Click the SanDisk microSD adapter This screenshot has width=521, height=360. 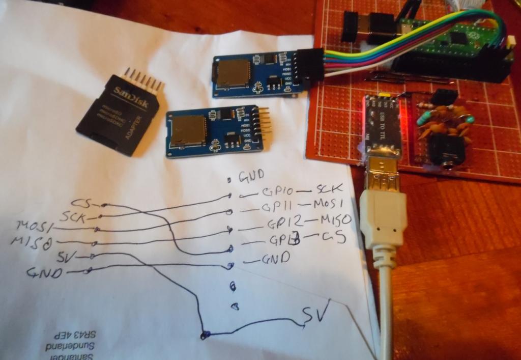(119, 113)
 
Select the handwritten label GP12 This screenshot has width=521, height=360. (285, 223)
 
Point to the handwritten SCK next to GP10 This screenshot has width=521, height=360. (330, 189)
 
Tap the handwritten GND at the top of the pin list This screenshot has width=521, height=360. (251, 176)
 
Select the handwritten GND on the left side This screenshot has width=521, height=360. (45, 273)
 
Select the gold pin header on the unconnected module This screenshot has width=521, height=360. (264, 123)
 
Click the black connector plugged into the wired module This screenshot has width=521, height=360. (311, 66)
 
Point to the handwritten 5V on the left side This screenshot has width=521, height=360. (65, 255)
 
